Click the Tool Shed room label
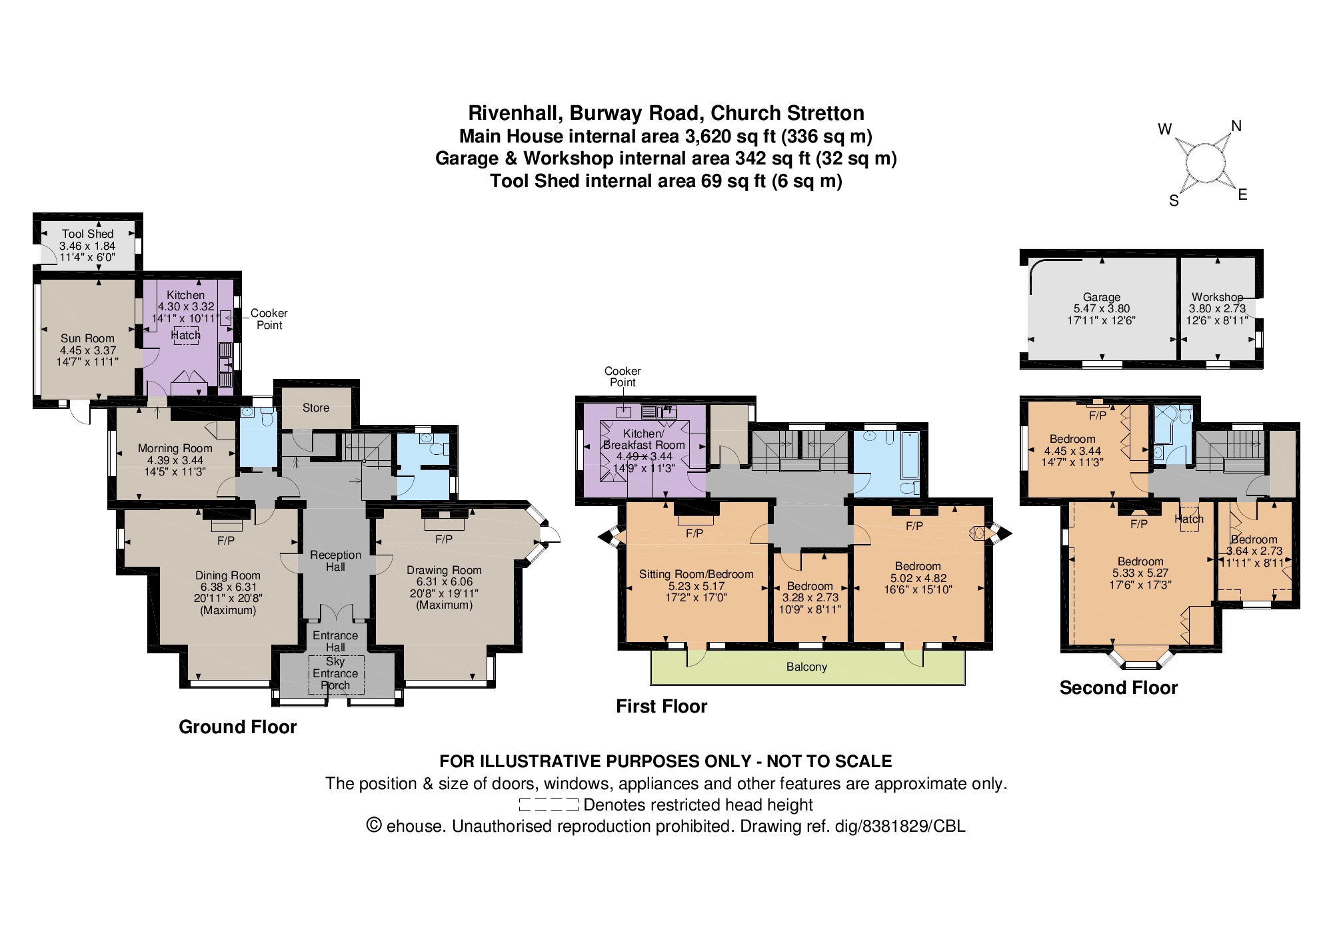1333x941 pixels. pos(87,234)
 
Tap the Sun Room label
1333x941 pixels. pos(87,338)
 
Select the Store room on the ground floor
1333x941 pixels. pos(316,408)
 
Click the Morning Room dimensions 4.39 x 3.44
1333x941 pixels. pos(175,460)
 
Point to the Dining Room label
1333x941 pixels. pos(228,575)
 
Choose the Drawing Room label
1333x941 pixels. pos(444,570)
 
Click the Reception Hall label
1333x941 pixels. pos(335,561)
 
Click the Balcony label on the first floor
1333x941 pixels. pos(806,667)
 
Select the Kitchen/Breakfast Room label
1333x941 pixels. pos(644,439)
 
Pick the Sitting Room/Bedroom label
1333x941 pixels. pos(696,574)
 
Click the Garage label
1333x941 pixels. pos(1101,297)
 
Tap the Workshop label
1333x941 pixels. pos(1217,297)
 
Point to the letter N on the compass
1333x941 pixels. pos(1236,126)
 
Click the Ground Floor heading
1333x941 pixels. pos(238,727)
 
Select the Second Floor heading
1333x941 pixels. pos(1118,687)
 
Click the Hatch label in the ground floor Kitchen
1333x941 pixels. pos(186,336)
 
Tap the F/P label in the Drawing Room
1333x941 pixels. pos(444,539)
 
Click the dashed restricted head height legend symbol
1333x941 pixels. pos(549,804)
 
